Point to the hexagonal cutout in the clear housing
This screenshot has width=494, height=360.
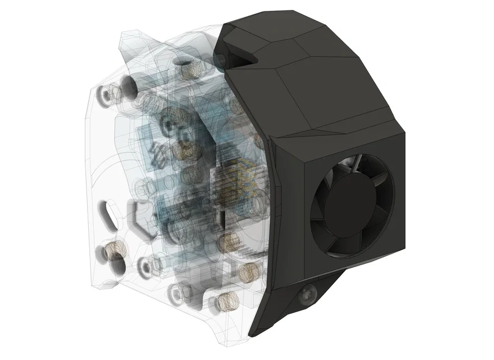pyautogui.click(x=140, y=219)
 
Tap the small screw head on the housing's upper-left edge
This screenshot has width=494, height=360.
pyautogui.click(x=105, y=93)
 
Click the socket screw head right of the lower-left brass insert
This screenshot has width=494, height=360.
pyautogui.click(x=144, y=266)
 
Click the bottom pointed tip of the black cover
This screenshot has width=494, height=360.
pyautogui.click(x=252, y=334)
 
